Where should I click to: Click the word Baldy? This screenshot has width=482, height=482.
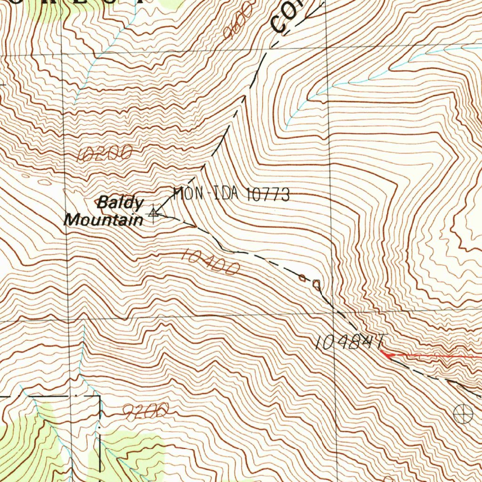coord(120,203)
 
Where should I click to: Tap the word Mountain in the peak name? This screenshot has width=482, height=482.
coord(104,219)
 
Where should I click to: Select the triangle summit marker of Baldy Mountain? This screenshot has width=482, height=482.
coord(153,213)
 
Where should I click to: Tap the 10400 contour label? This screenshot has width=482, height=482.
coord(210,262)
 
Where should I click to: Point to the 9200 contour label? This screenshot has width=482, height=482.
coord(145,413)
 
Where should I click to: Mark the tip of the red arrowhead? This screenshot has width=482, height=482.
coord(381,352)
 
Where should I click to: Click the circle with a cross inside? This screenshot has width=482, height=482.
coord(463,413)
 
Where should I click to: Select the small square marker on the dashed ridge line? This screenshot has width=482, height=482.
coord(317,283)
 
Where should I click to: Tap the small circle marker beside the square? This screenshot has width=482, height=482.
coord(302,278)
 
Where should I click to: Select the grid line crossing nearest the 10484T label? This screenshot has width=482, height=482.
coord(333,315)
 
